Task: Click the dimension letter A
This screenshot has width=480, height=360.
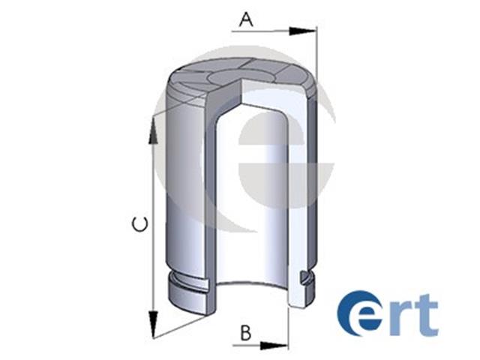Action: pos(247,19)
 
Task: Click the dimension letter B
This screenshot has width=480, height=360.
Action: pos(246,333)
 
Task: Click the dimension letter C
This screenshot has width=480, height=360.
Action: pos(140,224)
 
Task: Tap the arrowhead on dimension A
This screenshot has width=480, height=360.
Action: pos(301,31)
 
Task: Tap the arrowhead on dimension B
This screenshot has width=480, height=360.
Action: pos(274,346)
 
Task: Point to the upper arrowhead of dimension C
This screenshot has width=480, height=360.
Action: pos(153,130)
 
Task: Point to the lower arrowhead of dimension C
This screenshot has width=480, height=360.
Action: pos(153,324)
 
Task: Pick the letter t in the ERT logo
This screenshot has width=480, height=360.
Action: pos(426,314)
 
